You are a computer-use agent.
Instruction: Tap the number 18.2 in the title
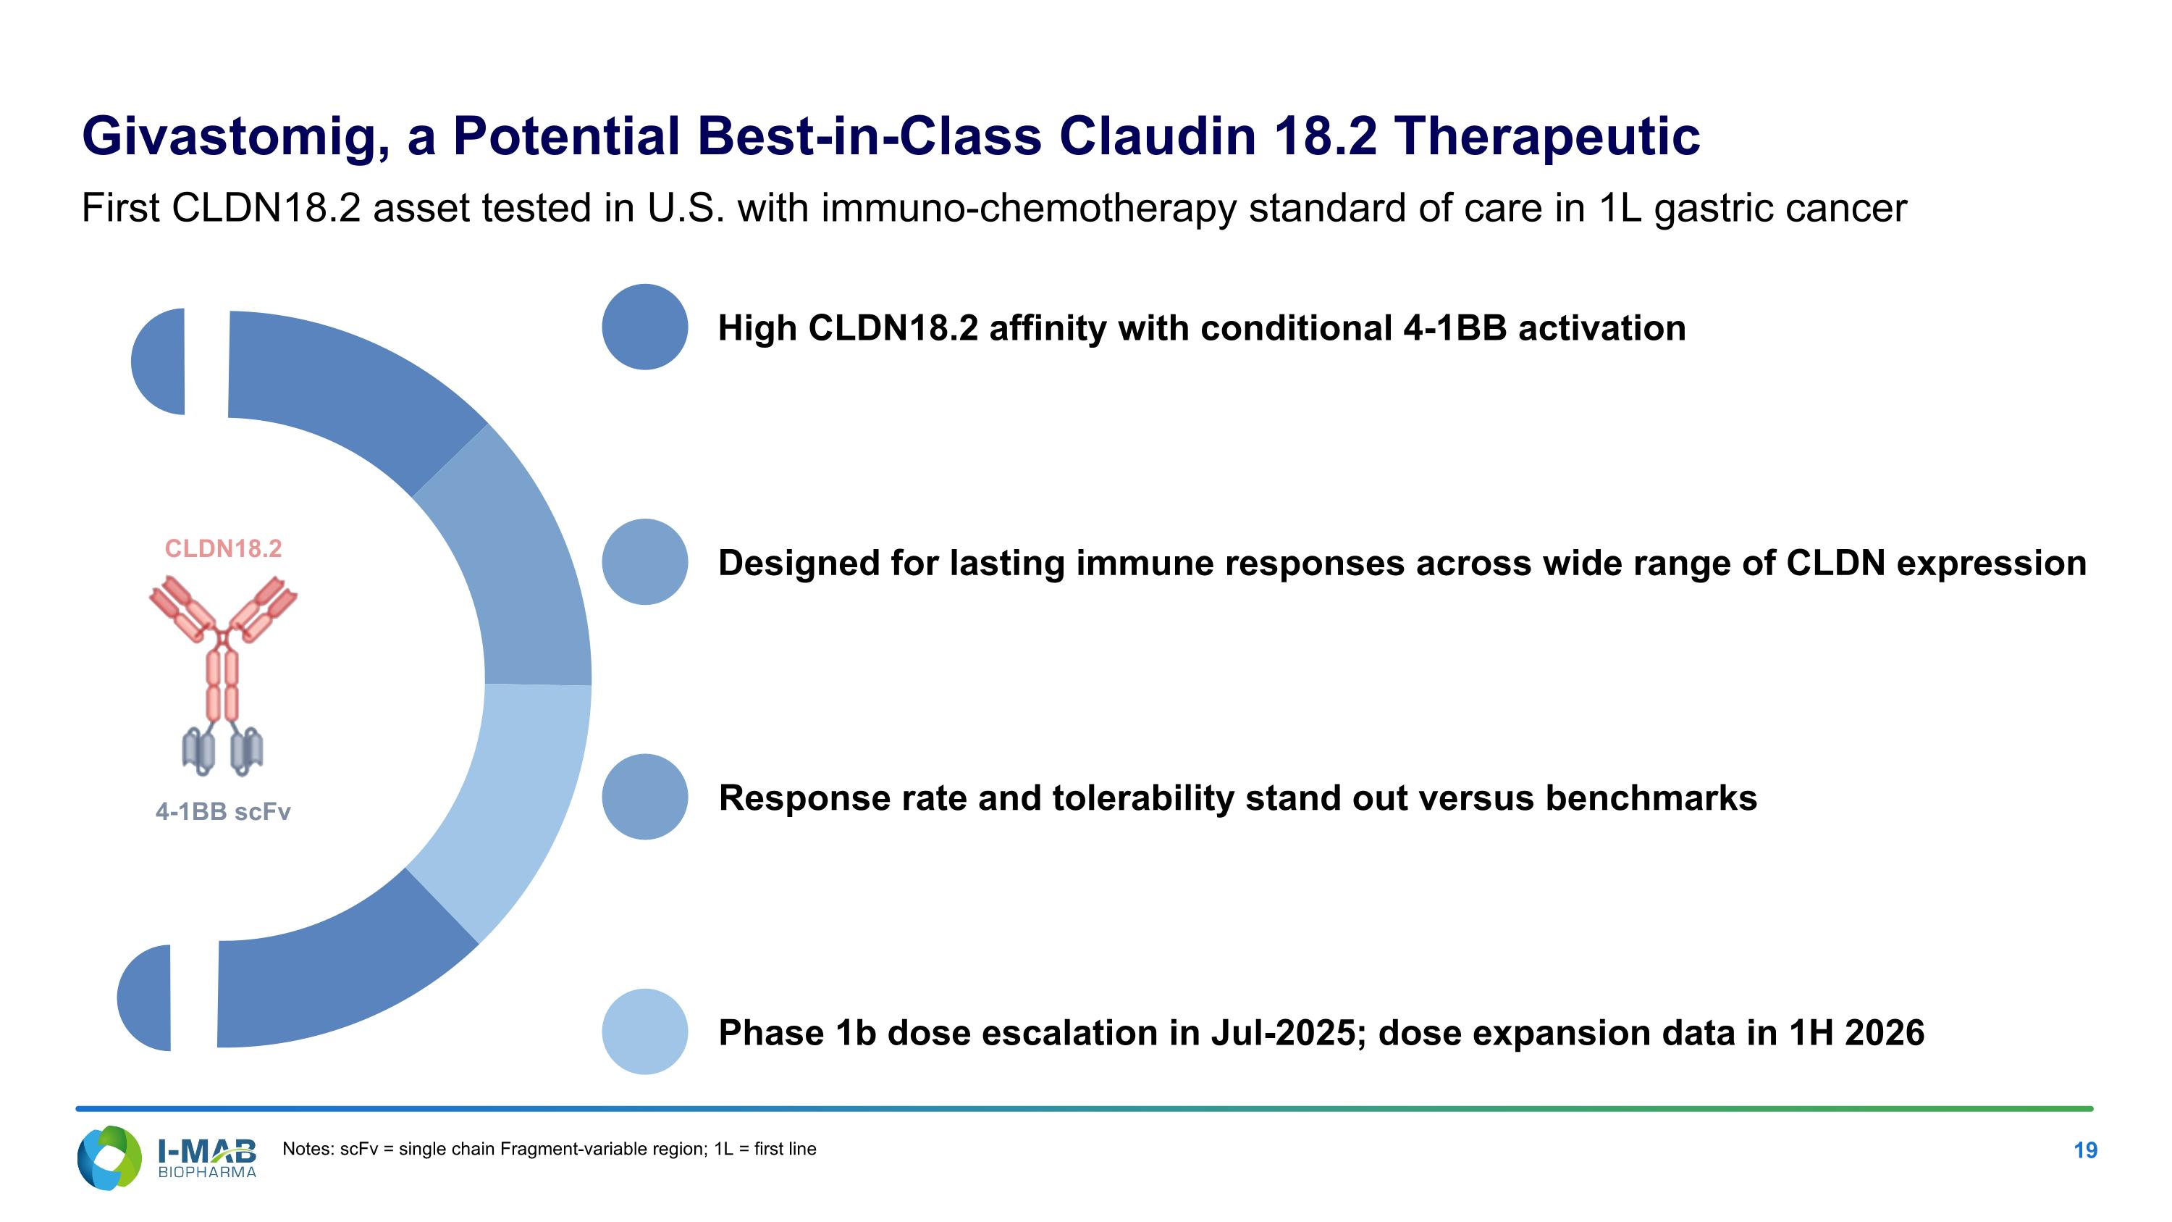1325,137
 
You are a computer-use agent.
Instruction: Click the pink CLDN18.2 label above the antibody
224,549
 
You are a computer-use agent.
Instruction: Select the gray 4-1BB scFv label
224,811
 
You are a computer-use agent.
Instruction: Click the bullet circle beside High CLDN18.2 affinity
645,327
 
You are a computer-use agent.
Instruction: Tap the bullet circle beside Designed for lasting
645,561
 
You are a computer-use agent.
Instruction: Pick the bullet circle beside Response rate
645,797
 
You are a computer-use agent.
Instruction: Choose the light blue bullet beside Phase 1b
645,1031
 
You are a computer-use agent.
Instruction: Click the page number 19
2085,1150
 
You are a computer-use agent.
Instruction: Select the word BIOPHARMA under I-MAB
207,1172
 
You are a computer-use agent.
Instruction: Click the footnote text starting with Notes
549,1150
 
